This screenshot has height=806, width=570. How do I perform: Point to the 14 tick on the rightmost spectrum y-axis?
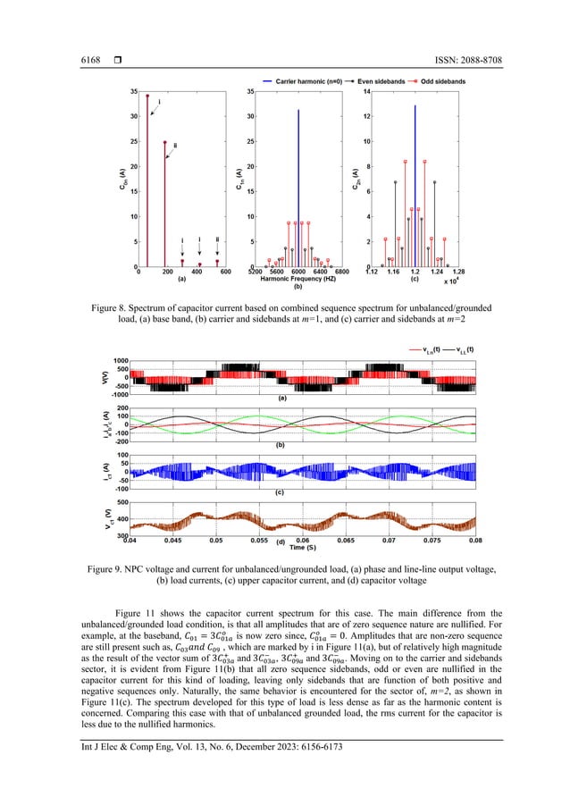click(365, 92)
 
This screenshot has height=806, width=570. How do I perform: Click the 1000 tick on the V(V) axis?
click(119, 360)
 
